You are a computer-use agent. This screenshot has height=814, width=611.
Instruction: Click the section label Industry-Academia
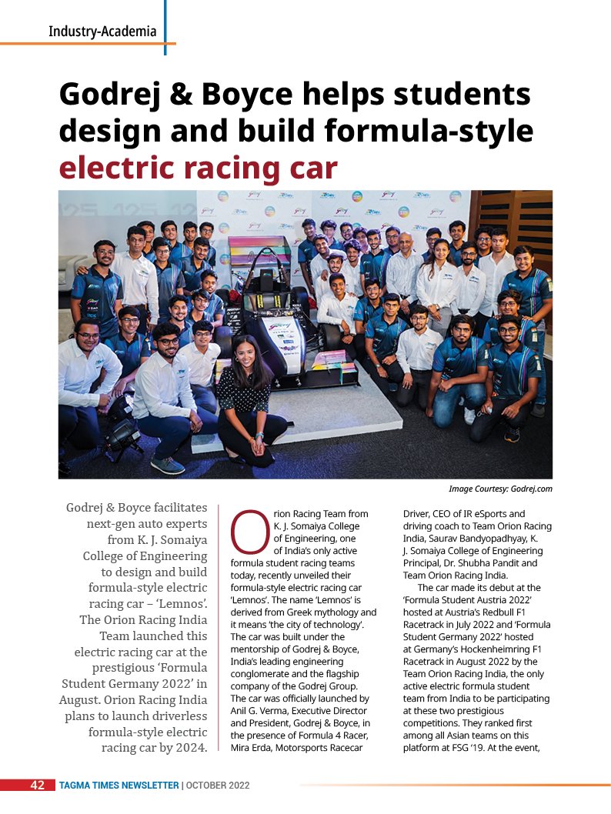click(x=102, y=32)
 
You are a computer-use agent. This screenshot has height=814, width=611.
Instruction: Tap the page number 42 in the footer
click(x=37, y=785)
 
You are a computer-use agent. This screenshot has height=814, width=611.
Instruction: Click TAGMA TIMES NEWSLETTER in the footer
click(x=119, y=786)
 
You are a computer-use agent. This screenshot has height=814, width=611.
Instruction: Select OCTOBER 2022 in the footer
click(x=218, y=786)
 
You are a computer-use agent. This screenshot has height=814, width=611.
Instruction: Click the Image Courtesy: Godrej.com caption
click(x=500, y=489)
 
